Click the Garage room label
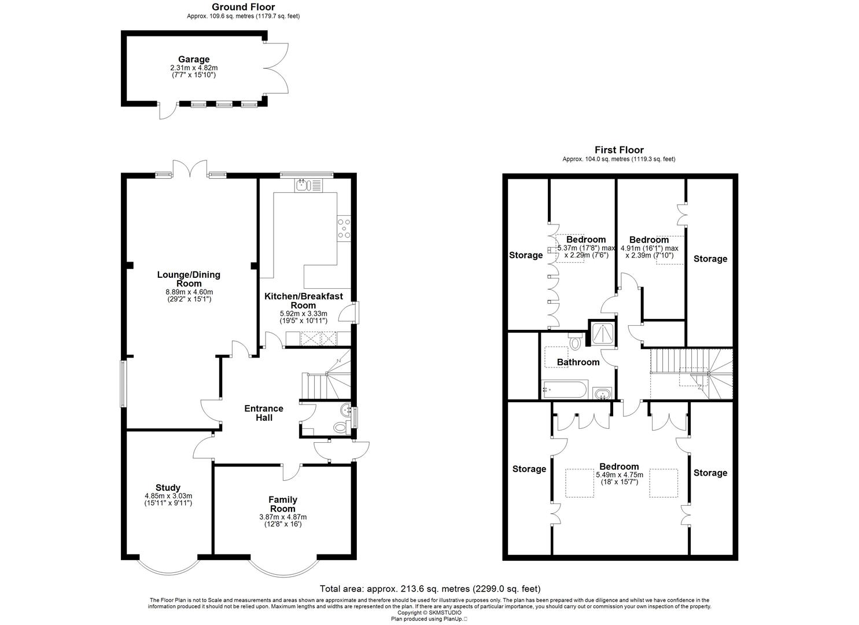pos(194,59)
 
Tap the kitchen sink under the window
pos(309,185)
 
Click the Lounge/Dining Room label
pos(189,279)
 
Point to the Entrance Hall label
pos(264,413)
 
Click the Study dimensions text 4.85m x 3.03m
pos(168,496)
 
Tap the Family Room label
pos(283,504)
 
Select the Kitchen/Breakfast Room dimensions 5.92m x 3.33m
pos(304,313)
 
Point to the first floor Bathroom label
pos(578,362)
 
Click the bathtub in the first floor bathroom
pos(565,389)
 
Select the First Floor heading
pos(619,150)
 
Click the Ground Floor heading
pos(243,7)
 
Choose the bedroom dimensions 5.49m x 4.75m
pos(619,475)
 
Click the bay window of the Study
pos(168,568)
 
